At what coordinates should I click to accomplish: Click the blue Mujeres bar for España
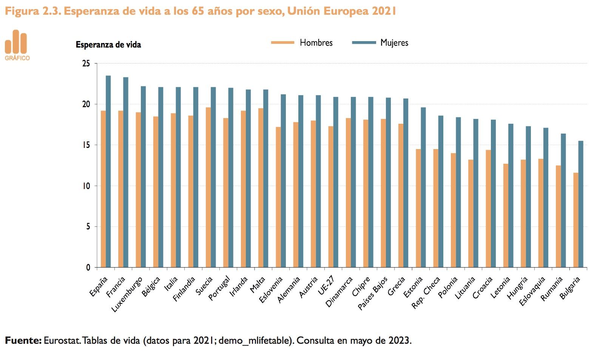tap(108, 172)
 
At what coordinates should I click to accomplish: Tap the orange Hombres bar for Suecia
tap(208, 188)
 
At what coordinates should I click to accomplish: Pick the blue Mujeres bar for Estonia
tap(423, 188)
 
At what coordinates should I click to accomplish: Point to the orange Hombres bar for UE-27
tap(331, 197)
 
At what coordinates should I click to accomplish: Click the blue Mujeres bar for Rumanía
tap(563, 200)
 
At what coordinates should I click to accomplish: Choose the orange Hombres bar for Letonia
tap(506, 215)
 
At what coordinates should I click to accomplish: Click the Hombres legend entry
tap(302, 43)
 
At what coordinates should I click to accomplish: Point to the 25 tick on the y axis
tap(86, 63)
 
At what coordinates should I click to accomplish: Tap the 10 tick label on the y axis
tap(86, 186)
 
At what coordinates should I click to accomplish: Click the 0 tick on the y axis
tap(88, 268)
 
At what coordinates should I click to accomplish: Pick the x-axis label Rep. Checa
tap(426, 292)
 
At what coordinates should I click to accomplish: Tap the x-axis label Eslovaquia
tap(532, 291)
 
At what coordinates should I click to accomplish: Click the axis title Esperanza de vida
tap(108, 45)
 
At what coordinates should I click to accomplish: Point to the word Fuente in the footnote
tap(23, 340)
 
